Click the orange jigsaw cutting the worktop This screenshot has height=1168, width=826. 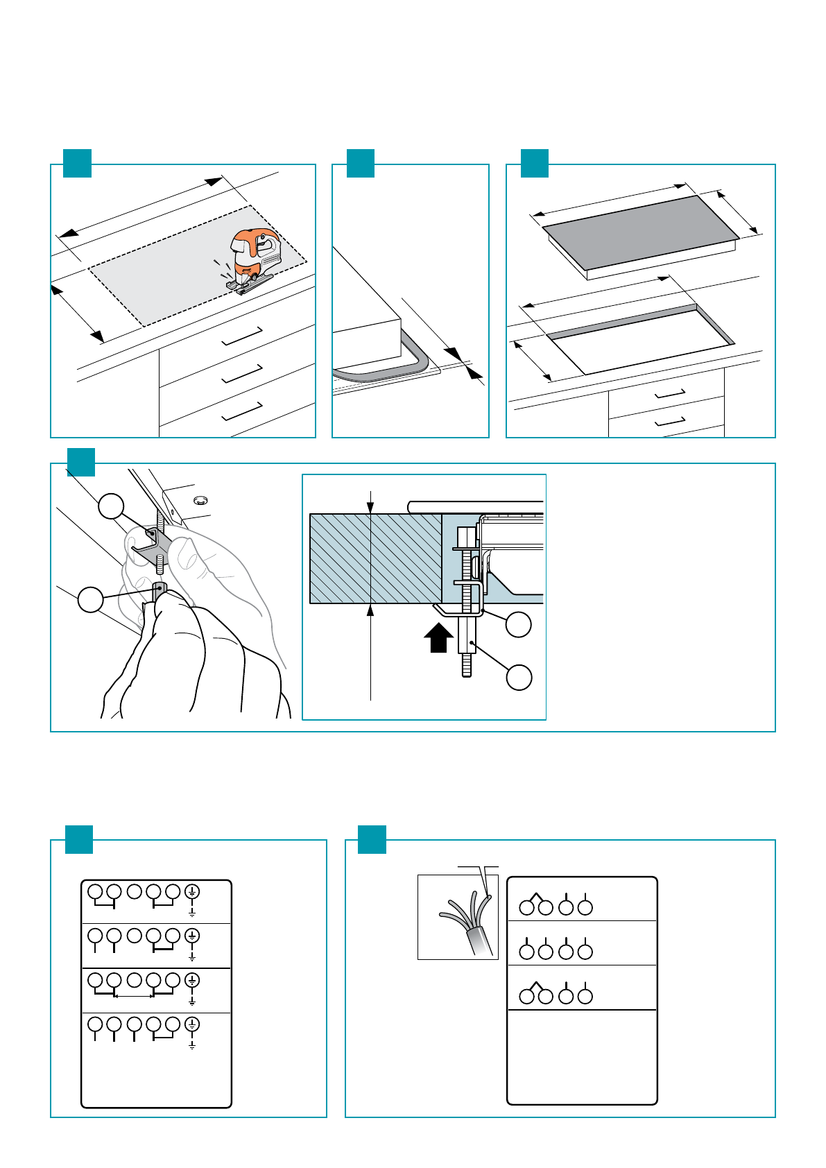(254, 259)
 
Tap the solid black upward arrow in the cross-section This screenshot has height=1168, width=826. (438, 637)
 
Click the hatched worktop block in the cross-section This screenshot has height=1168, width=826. (375, 558)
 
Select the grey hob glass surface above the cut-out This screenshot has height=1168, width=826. (639, 232)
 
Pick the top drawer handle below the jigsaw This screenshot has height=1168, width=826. (241, 336)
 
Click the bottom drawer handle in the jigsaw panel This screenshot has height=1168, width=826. (241, 411)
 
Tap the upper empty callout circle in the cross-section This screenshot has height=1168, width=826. (518, 624)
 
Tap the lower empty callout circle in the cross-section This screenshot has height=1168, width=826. (518, 677)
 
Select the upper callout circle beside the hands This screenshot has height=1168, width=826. (111, 506)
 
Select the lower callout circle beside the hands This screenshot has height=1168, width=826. (90, 599)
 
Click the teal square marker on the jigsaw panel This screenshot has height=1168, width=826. (77, 163)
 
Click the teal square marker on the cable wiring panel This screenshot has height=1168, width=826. (372, 839)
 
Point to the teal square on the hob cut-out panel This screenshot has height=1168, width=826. (534, 163)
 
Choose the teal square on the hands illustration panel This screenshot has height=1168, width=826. (80, 462)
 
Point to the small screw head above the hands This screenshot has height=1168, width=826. (200, 499)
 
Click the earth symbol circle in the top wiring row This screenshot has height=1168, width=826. (192, 891)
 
